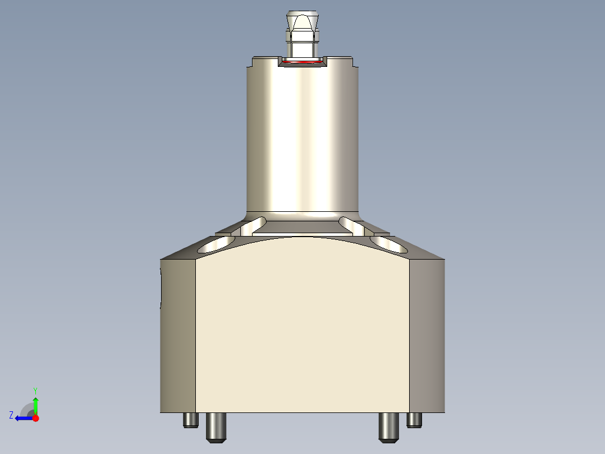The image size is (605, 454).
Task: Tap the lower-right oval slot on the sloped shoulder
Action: (x=389, y=243)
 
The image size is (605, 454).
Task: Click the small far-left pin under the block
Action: (x=191, y=420)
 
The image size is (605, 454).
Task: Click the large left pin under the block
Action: (x=216, y=427)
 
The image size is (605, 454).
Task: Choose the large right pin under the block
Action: (x=388, y=427)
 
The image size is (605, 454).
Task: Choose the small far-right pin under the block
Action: (x=414, y=420)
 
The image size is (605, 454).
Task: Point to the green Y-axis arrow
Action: (x=35, y=404)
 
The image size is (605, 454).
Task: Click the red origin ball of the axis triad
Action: (x=35, y=418)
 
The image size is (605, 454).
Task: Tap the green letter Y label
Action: (x=35, y=390)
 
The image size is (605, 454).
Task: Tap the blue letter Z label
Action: (x=11, y=415)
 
